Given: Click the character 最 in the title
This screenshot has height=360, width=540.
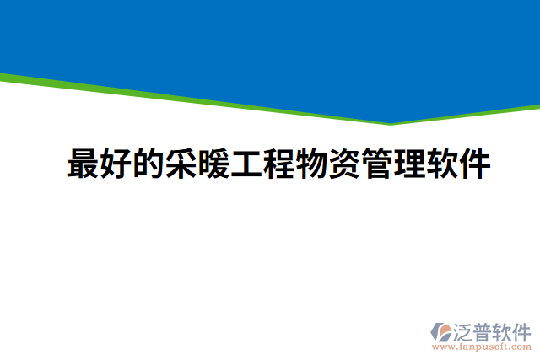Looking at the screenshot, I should click(x=83, y=164).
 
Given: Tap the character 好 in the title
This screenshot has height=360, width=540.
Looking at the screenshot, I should click(x=116, y=164).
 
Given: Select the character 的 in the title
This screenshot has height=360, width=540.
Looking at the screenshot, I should click(x=148, y=164).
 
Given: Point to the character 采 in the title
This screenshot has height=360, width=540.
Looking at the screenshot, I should click(x=181, y=164).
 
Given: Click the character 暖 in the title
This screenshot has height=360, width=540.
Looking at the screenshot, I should click(x=213, y=164).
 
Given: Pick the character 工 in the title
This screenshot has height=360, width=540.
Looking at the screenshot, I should click(x=246, y=164).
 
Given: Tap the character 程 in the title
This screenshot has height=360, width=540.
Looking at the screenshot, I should click(x=279, y=164).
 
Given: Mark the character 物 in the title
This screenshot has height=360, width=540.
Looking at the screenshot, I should click(x=311, y=164).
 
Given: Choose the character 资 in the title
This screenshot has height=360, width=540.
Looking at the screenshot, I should click(x=344, y=164).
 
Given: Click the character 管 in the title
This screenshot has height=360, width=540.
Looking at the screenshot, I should click(x=377, y=164).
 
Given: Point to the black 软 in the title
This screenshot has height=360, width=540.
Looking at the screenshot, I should click(x=442, y=164).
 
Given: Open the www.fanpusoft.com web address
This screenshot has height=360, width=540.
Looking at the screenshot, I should click(x=482, y=346).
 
